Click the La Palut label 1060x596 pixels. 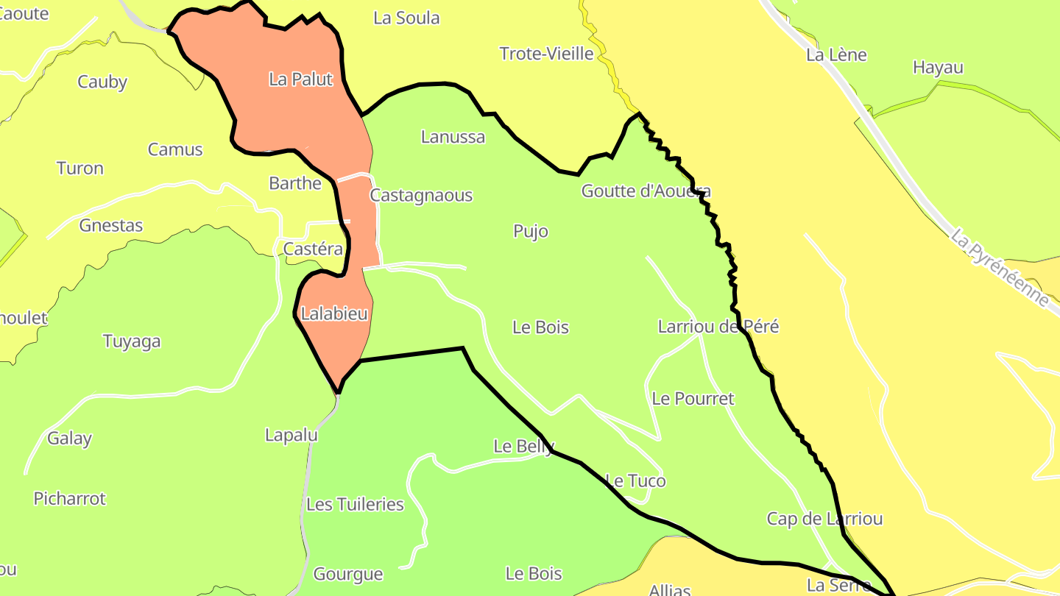(x=301, y=79)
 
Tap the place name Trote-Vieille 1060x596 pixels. (x=546, y=54)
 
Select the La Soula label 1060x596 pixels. (x=406, y=18)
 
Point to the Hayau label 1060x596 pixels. (x=938, y=68)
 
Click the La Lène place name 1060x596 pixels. (x=836, y=55)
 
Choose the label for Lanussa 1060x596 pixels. (x=453, y=137)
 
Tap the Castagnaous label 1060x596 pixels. (x=421, y=196)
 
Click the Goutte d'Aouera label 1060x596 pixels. (x=646, y=191)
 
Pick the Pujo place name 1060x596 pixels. (x=531, y=232)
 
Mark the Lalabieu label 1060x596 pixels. (x=334, y=314)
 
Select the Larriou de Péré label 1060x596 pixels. (x=718, y=327)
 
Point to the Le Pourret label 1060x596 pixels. (x=693, y=399)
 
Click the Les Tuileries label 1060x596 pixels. (x=355, y=505)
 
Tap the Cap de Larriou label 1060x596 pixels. (x=824, y=519)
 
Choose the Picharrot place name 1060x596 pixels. (x=70, y=499)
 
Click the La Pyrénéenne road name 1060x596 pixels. (x=999, y=269)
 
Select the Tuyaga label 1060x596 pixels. (x=132, y=341)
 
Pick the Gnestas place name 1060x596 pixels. (x=111, y=226)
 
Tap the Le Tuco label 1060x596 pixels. (x=635, y=481)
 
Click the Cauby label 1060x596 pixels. (x=102, y=82)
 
